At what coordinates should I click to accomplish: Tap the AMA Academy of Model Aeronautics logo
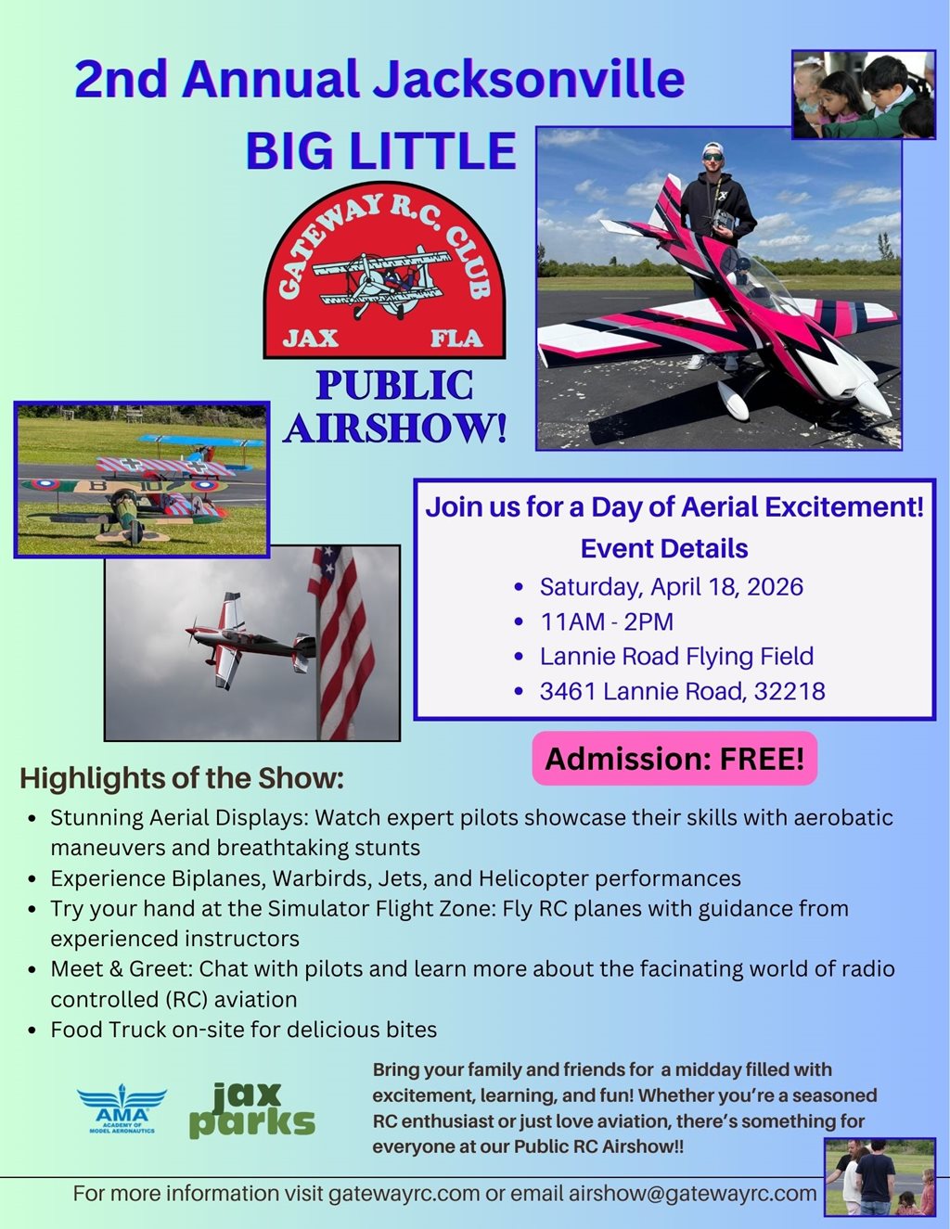(122, 1110)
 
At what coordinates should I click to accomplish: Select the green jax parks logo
(251, 1110)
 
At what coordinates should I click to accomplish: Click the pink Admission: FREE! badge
(674, 759)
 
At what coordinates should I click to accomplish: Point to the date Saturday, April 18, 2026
(671, 587)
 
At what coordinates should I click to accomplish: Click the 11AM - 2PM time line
(607, 621)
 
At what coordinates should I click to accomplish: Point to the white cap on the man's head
(712, 148)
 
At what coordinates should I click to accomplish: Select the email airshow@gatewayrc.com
(692, 1194)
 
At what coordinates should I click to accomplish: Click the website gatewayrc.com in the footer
(404, 1194)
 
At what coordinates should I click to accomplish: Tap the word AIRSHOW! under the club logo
(396, 429)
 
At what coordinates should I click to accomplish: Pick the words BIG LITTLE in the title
(380, 151)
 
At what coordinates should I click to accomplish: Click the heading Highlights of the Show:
(182, 778)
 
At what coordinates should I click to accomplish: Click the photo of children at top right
(863, 95)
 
